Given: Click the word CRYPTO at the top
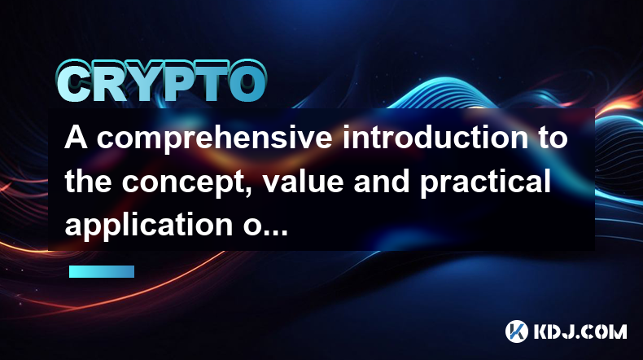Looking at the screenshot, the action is point(162,81).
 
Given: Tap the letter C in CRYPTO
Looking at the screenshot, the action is point(74,82).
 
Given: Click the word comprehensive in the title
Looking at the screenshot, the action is point(214,138).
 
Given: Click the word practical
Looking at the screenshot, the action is point(485,183).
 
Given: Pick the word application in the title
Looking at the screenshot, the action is point(148,226).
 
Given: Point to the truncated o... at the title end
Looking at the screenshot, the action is point(265,227).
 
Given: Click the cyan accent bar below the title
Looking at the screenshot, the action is point(102,271).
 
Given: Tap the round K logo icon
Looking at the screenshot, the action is point(517,331).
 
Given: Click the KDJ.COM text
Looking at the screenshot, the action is point(580,331).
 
